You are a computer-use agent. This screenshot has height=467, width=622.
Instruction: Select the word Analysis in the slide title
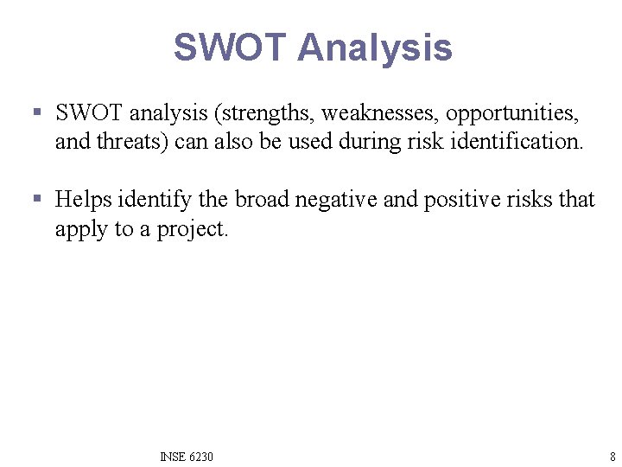pyautogui.click(x=374, y=48)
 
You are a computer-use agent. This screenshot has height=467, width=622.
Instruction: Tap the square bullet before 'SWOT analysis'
pyautogui.click(x=36, y=112)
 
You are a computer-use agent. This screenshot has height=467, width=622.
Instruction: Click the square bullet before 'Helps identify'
pyautogui.click(x=36, y=200)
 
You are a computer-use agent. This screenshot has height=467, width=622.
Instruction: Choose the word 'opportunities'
pyautogui.click(x=512, y=112)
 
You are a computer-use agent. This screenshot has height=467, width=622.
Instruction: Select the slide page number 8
pyautogui.click(x=612, y=457)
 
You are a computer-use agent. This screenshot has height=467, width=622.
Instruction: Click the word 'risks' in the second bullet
pyautogui.click(x=529, y=200)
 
